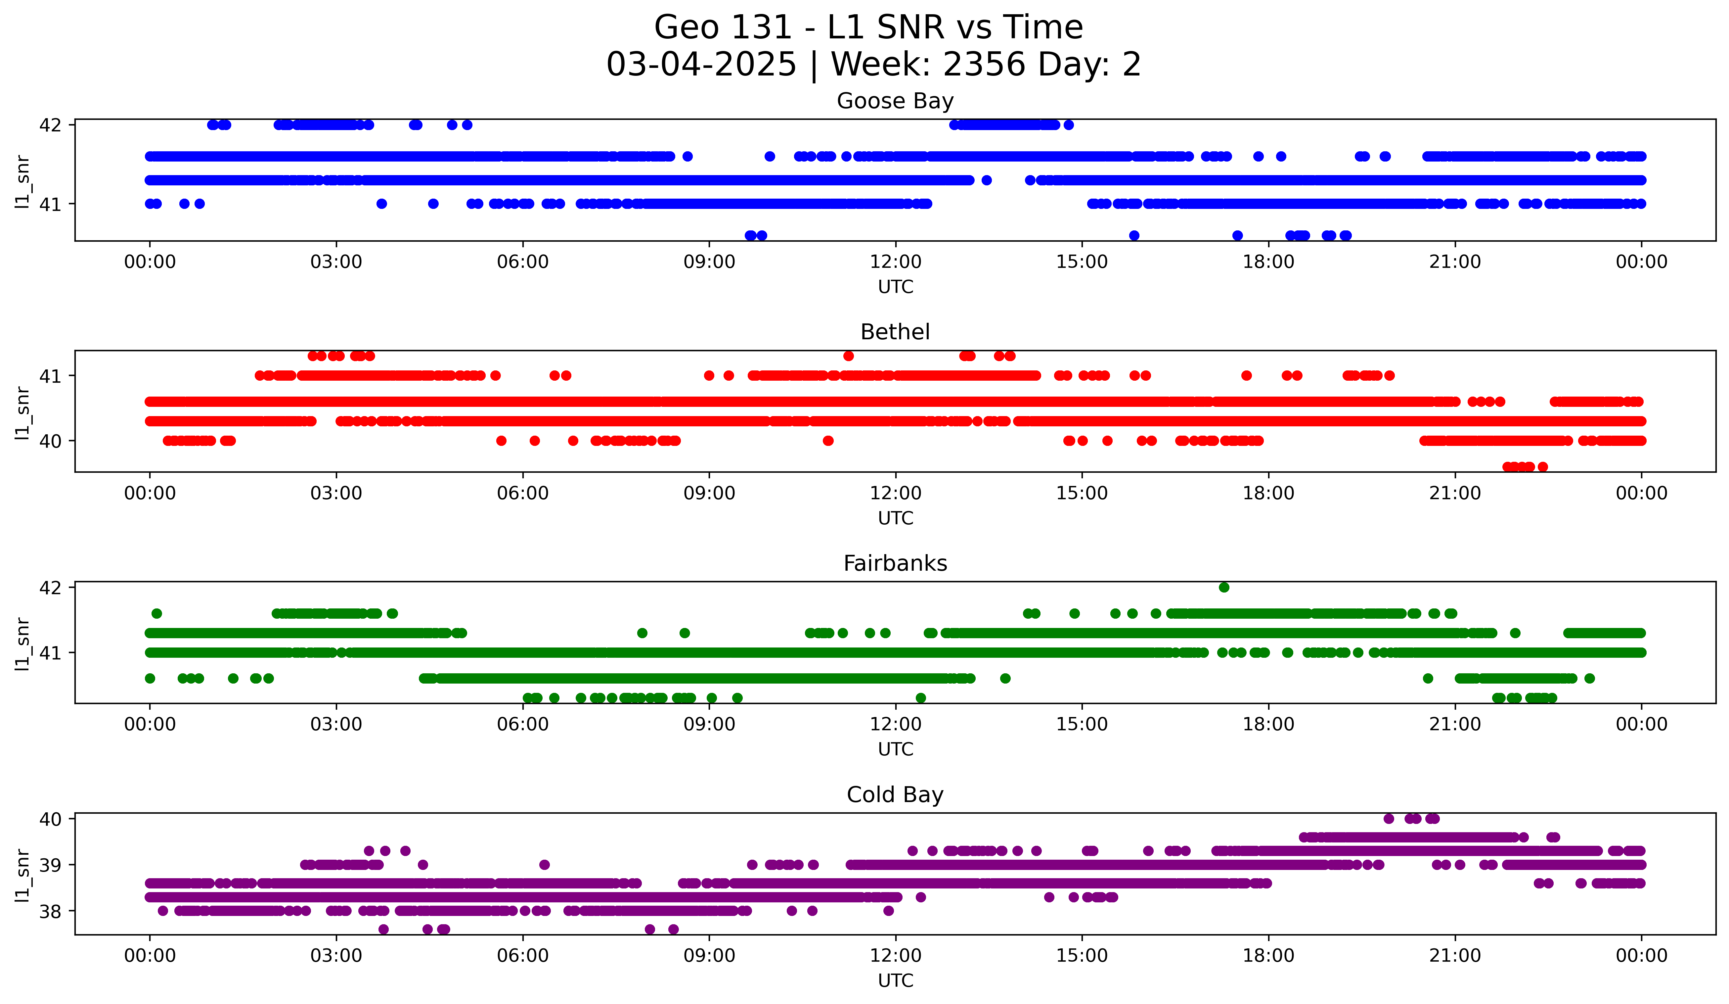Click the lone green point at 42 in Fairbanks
coord(1224,588)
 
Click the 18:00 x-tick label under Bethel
coord(1268,494)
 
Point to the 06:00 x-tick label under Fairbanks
coord(523,725)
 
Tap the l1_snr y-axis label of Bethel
coord(22,412)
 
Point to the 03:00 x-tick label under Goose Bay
coord(336,262)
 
